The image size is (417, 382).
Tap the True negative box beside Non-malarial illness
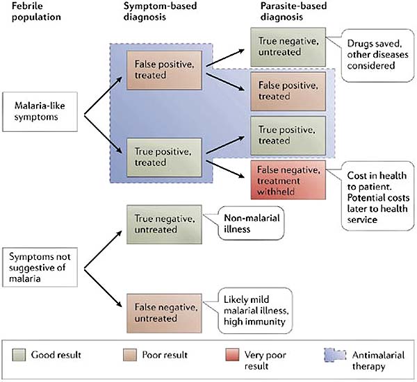[163, 223]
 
